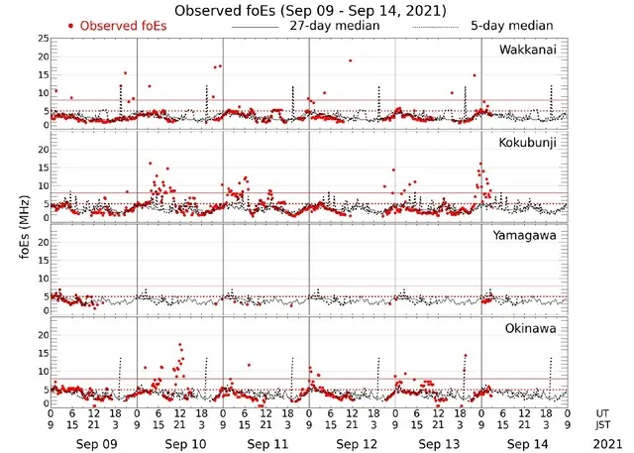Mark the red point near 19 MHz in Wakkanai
pos(350,60)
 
